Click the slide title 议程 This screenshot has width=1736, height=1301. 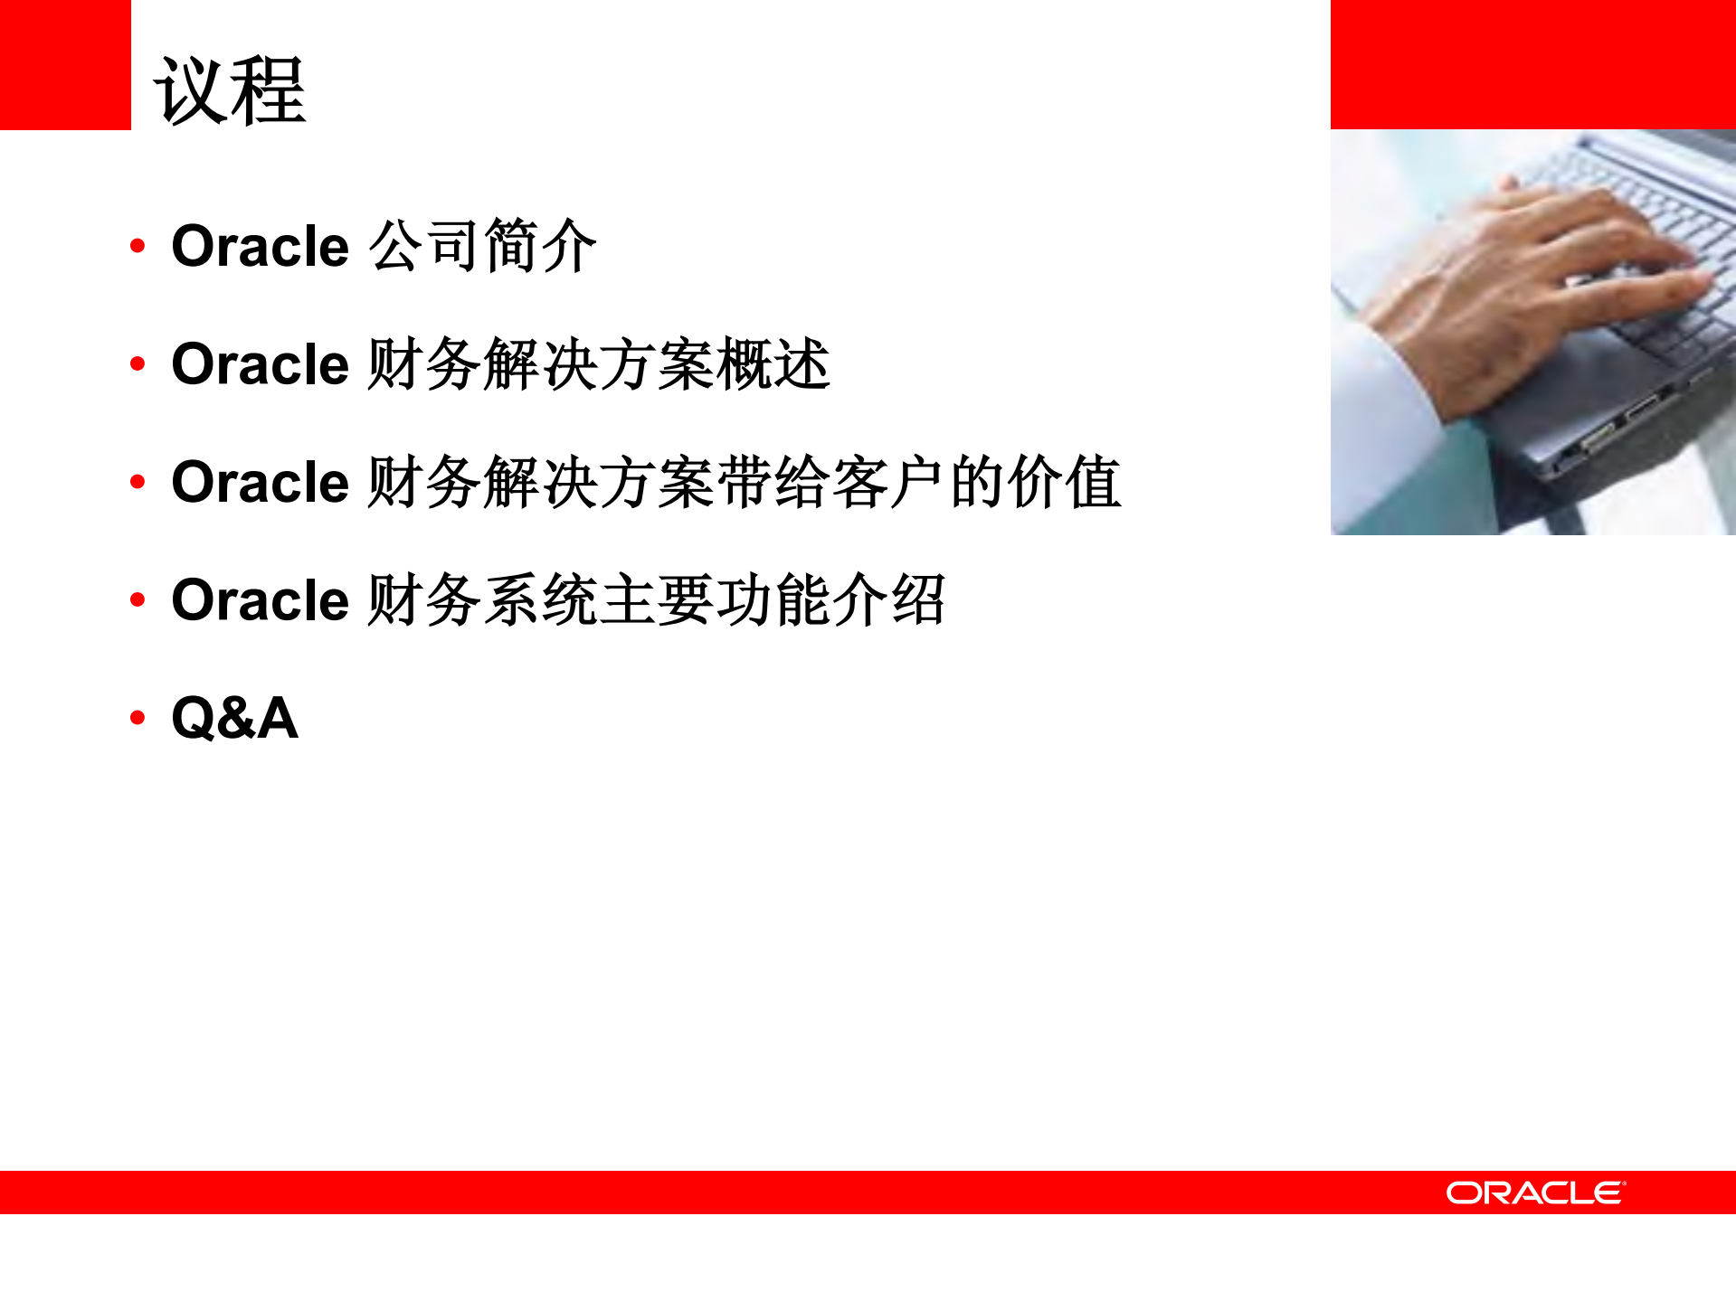[231, 90]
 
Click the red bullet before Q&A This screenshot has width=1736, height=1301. [138, 718]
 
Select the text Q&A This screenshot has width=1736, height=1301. [234, 718]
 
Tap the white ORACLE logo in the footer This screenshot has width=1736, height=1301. [1535, 1193]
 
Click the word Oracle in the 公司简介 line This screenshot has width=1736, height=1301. [260, 246]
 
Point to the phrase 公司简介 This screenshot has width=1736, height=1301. [483, 246]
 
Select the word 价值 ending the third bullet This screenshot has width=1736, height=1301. [1065, 482]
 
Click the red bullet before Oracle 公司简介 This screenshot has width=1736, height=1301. [138, 246]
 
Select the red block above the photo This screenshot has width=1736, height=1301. [1532, 64]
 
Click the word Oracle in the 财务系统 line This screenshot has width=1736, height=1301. [260, 600]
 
